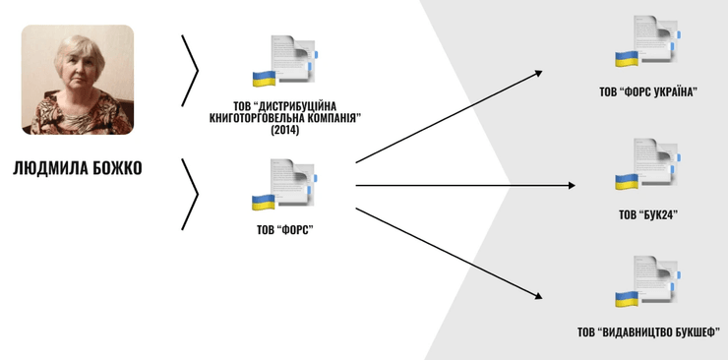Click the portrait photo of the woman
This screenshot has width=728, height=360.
pos(78,80)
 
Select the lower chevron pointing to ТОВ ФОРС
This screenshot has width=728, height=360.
pos(191,194)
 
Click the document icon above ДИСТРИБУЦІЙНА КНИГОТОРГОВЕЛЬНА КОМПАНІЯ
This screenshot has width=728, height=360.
pos(285,66)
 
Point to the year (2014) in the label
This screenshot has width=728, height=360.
pos(285,130)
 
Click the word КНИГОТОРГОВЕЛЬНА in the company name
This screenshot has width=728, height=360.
pos(258,118)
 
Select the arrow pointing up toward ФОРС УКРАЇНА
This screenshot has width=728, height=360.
pos(449,115)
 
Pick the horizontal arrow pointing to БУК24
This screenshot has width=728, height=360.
pos(449,185)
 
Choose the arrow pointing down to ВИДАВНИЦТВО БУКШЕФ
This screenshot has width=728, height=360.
pos(449,251)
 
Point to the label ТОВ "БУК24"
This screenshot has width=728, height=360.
pos(648,214)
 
